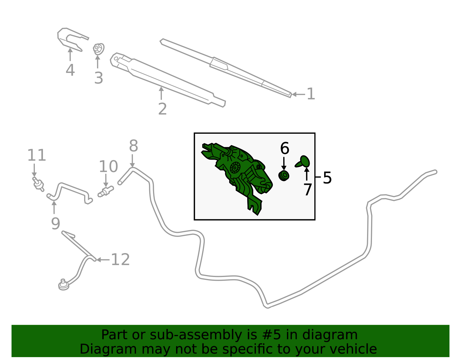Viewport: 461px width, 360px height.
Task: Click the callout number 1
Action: point(311,94)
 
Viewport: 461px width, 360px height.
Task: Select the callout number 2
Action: point(163,109)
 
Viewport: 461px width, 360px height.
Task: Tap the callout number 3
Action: point(99,78)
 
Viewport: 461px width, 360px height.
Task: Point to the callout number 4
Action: point(70,70)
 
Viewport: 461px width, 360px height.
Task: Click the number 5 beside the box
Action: point(327,178)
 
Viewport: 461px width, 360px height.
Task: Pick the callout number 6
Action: point(285,148)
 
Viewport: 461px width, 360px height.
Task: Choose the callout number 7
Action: point(308,189)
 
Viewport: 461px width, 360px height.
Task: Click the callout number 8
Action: point(134,146)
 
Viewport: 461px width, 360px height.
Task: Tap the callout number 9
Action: point(56,223)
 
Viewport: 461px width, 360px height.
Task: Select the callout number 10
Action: point(108,166)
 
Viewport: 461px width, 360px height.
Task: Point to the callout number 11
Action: point(37,155)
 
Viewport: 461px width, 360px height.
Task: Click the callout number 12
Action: point(120,259)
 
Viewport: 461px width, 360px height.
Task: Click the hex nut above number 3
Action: point(99,49)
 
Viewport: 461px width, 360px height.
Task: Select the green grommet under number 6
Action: point(284,176)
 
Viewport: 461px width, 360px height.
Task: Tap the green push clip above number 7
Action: point(303,162)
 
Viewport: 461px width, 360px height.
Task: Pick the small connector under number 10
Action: point(106,192)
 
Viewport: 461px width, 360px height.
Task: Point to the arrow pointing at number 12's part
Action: point(103,260)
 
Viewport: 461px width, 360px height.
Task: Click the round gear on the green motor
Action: point(235,168)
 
